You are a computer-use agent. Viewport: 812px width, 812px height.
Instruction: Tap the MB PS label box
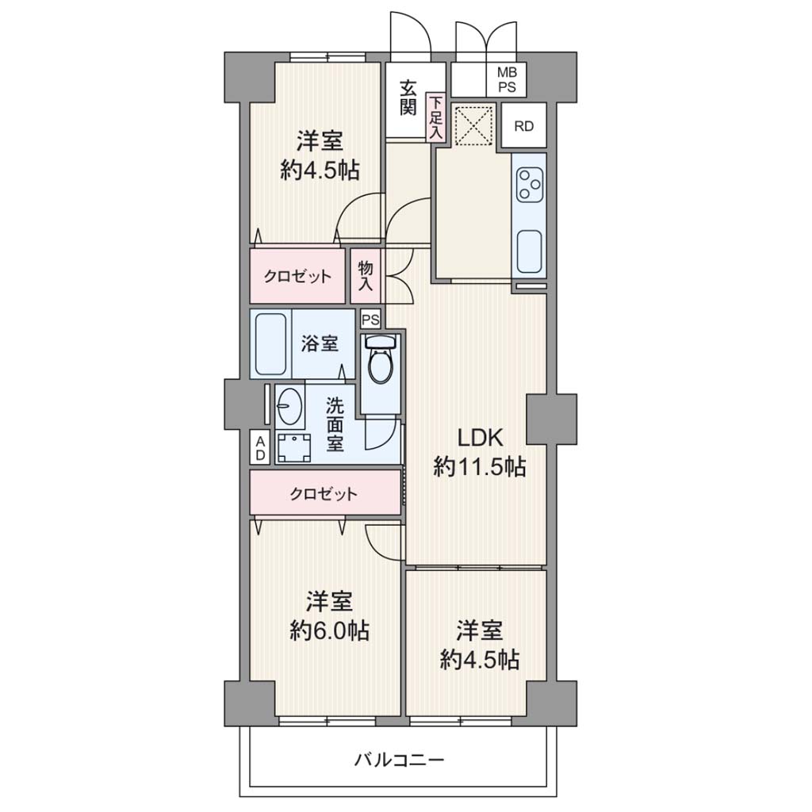507,80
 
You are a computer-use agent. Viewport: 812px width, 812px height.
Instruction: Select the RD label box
524,126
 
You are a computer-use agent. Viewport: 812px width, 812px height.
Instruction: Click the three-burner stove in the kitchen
529,184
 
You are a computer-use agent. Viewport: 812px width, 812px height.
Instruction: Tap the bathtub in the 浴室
270,344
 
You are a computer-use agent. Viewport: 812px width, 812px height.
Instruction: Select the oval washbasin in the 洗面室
289,405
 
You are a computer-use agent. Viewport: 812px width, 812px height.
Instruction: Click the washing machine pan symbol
294,448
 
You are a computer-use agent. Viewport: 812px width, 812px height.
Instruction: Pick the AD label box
260,447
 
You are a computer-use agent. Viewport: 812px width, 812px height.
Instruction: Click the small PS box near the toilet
370,320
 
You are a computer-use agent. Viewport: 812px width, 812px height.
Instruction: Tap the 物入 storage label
366,275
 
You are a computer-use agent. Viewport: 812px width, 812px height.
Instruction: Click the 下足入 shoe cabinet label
436,117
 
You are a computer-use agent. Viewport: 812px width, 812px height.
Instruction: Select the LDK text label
480,438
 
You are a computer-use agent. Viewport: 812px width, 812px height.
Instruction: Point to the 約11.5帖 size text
480,467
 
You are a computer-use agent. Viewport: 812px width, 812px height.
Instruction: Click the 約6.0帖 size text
329,630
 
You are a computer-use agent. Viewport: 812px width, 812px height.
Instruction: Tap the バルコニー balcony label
400,760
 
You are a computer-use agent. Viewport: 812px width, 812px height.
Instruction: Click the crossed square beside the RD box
473,124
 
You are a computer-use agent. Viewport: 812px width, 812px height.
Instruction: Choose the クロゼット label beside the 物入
297,276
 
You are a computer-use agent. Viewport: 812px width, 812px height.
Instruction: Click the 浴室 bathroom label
320,343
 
